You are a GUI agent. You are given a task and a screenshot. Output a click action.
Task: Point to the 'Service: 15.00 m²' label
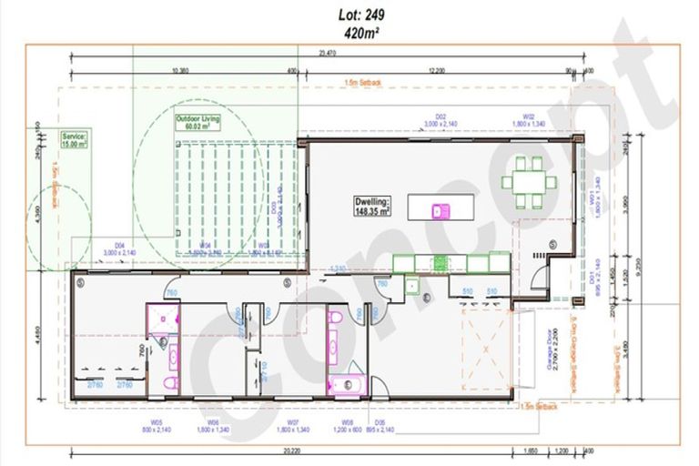(x=74, y=139)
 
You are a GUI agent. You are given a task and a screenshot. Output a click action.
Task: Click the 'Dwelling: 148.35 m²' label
(x=372, y=206)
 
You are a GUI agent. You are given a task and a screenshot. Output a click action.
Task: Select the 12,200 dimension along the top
(x=436, y=71)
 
